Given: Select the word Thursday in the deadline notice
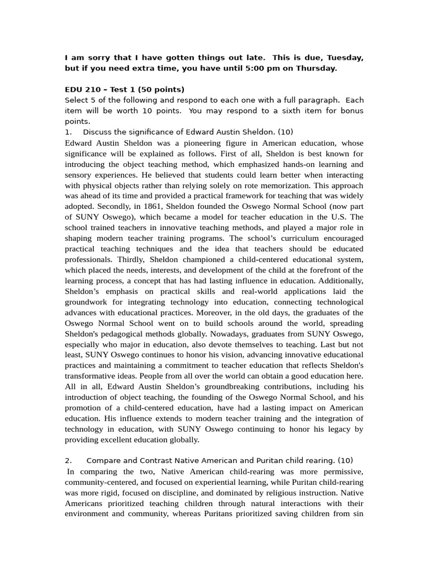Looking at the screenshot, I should click(x=317, y=69).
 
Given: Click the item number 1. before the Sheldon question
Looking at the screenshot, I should click(x=69, y=132).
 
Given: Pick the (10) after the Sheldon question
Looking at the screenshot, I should click(x=285, y=132).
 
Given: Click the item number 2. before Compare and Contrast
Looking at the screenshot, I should click(x=69, y=461).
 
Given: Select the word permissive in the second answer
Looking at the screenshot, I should click(x=342, y=471).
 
